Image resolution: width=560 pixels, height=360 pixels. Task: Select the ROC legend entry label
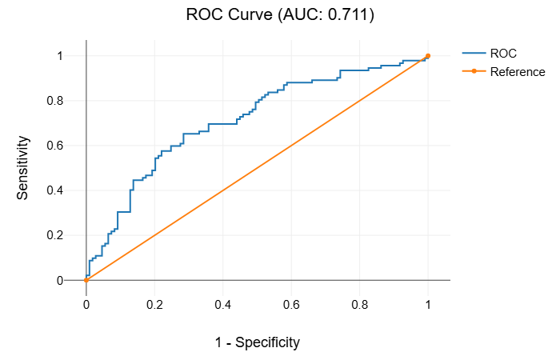tap(503, 54)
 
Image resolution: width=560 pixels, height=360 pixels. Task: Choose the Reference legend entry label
tap(518, 72)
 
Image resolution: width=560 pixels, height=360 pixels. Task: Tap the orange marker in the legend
tap(474, 72)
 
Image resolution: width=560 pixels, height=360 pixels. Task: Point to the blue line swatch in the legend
tap(474, 54)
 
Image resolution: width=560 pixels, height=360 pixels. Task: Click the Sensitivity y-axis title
tap(24, 167)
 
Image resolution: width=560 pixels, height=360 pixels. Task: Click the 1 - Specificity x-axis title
tap(258, 342)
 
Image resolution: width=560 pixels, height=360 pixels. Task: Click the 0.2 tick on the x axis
tap(154, 305)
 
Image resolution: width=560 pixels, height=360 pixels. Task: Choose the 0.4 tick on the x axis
tap(223, 305)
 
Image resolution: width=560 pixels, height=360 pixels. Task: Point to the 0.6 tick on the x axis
tap(291, 305)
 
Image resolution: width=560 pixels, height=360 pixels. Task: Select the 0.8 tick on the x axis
tap(360, 305)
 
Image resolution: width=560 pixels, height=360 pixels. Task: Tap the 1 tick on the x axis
tap(428, 305)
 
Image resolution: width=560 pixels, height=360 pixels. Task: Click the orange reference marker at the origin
tap(86, 280)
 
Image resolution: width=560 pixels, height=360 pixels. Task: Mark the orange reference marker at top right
tap(428, 56)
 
